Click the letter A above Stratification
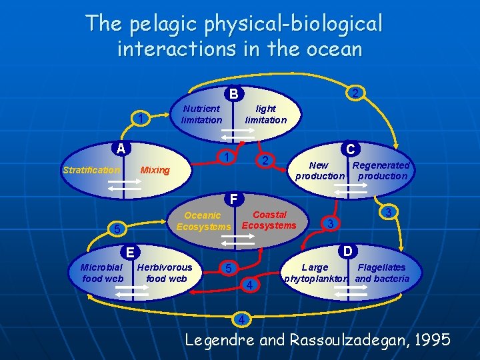(x=121, y=148)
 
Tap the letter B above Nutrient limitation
(x=235, y=94)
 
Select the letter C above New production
(x=350, y=149)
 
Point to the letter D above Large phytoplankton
(x=347, y=251)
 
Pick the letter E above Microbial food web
(x=131, y=251)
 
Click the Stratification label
(x=91, y=170)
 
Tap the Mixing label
(x=155, y=170)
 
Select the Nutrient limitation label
(x=201, y=114)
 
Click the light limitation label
(x=265, y=114)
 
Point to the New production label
(x=319, y=171)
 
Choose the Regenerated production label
(x=381, y=171)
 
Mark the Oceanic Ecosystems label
(x=203, y=221)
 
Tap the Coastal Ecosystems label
(x=269, y=220)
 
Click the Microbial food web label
(x=101, y=273)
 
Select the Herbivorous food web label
(x=165, y=273)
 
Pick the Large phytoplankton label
(x=315, y=273)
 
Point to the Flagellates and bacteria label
(x=382, y=273)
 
